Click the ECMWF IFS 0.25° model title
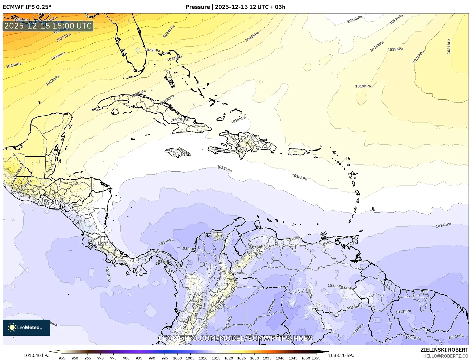(x=27, y=7)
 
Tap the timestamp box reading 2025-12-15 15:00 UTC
(x=48, y=26)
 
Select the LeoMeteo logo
(x=26, y=327)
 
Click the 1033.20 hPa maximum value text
(x=341, y=355)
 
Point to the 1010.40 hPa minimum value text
(x=36, y=355)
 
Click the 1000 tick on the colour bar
(x=177, y=358)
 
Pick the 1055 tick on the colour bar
(x=316, y=358)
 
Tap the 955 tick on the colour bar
(x=62, y=358)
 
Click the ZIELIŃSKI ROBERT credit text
(x=444, y=350)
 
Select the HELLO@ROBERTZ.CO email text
(x=445, y=356)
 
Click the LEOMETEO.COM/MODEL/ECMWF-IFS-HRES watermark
(x=236, y=338)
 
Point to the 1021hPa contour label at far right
(x=449, y=46)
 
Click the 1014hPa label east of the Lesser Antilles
(x=443, y=225)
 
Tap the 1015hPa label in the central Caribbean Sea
(x=224, y=169)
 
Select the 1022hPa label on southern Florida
(x=152, y=50)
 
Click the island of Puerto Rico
(x=298, y=152)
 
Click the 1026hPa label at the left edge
(x=14, y=65)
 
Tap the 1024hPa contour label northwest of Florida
(x=169, y=31)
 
